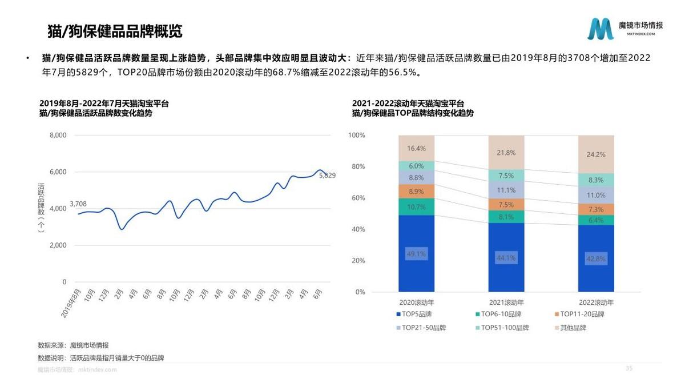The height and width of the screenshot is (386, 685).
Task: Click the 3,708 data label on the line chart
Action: coord(78,204)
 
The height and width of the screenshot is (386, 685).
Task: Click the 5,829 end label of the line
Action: coord(327,176)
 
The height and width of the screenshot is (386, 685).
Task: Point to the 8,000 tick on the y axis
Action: coord(58,136)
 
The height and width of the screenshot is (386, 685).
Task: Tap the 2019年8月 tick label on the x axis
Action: coord(71,303)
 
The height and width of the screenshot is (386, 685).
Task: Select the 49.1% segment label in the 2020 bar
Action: coord(416,253)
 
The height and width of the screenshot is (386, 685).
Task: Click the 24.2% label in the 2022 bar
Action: coord(595,154)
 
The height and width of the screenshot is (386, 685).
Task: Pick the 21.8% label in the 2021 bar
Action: coord(506,153)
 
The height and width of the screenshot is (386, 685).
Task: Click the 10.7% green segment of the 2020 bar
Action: coord(416,207)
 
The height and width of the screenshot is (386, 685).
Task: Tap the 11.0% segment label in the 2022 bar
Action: coord(595,195)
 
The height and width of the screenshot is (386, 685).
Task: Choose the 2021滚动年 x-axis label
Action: coord(506,303)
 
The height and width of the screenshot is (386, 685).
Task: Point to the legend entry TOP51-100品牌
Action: coord(501,328)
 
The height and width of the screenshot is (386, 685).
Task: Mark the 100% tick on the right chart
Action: coord(357,136)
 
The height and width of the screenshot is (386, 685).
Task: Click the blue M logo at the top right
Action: coord(601,29)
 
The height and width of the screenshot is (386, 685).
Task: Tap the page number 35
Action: coord(629,368)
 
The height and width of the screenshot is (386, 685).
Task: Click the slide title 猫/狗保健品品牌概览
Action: coord(115,31)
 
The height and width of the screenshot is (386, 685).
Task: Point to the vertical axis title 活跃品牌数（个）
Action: coord(41,208)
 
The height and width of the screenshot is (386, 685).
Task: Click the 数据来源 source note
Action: coord(73,345)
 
